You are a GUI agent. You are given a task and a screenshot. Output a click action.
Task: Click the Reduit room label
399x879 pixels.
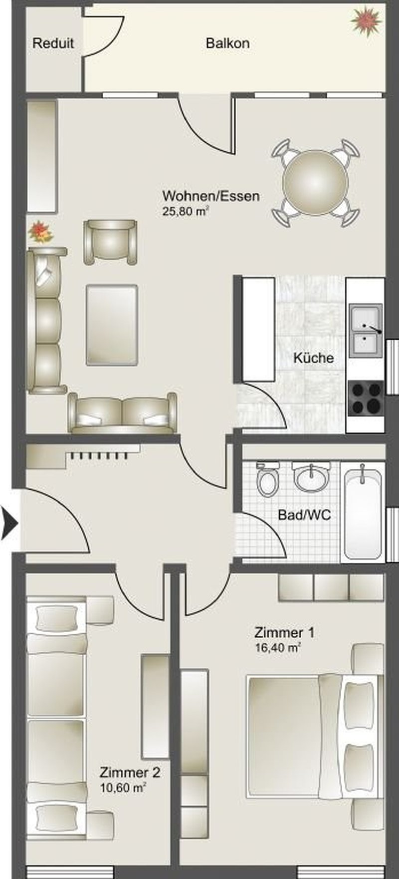[53, 43]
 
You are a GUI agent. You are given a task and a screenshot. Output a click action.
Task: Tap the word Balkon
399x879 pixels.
[227, 43]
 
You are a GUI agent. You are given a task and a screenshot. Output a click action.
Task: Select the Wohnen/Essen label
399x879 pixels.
[211, 195]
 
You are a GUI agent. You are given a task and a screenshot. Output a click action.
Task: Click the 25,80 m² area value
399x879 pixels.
[185, 211]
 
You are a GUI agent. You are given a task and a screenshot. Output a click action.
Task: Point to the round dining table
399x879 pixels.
[315, 183]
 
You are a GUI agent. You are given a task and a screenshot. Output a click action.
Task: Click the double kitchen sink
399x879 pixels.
[366, 331]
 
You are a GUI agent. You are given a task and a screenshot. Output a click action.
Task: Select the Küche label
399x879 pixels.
[313, 358]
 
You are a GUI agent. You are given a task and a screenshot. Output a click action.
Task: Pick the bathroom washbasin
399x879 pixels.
[311, 477]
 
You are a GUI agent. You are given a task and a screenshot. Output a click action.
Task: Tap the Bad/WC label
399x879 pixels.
[304, 515]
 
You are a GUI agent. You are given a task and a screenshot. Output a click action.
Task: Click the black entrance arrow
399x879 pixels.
[9, 523]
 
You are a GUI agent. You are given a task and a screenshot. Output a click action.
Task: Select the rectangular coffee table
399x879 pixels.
[112, 325]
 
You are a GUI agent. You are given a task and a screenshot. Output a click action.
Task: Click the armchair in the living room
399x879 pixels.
[110, 242]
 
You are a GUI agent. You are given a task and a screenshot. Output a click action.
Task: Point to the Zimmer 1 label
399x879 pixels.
[284, 633]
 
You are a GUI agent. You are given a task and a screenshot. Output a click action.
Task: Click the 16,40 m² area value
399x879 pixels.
[277, 648]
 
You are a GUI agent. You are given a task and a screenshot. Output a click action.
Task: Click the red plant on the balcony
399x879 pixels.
[367, 20]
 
